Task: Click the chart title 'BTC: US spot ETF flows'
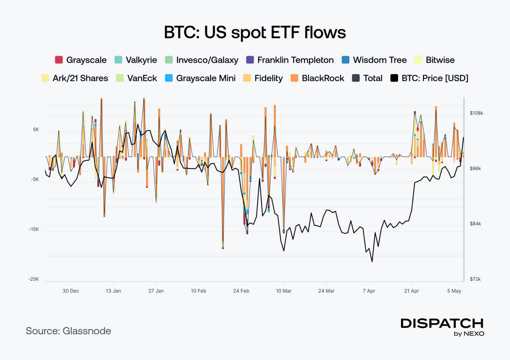click(x=255, y=32)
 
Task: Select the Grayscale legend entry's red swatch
click(x=59, y=60)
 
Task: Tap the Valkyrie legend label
click(x=141, y=60)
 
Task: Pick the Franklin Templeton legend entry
click(x=295, y=60)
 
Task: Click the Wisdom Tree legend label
click(x=380, y=60)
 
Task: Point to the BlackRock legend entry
click(x=323, y=78)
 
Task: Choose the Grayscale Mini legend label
click(x=206, y=78)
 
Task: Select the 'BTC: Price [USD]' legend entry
click(x=435, y=78)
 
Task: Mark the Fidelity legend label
click(x=268, y=78)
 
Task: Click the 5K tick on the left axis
click(x=36, y=129)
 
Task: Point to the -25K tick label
click(x=33, y=279)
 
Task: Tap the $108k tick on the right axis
click(x=476, y=113)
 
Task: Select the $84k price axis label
click(x=475, y=224)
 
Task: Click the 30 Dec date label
click(x=71, y=291)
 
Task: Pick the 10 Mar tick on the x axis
click(x=284, y=291)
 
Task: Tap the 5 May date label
click(x=454, y=291)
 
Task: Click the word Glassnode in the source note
click(x=87, y=331)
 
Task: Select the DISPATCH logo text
click(x=442, y=323)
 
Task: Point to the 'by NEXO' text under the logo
click(x=469, y=334)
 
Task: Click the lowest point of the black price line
click(x=372, y=262)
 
